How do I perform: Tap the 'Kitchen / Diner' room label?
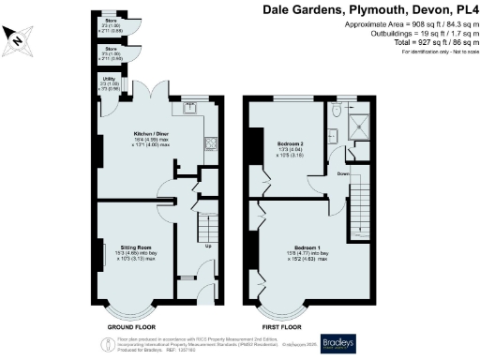pos(152,134)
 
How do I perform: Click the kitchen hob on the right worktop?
pos(211,143)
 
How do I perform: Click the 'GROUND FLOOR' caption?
pos(130,326)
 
